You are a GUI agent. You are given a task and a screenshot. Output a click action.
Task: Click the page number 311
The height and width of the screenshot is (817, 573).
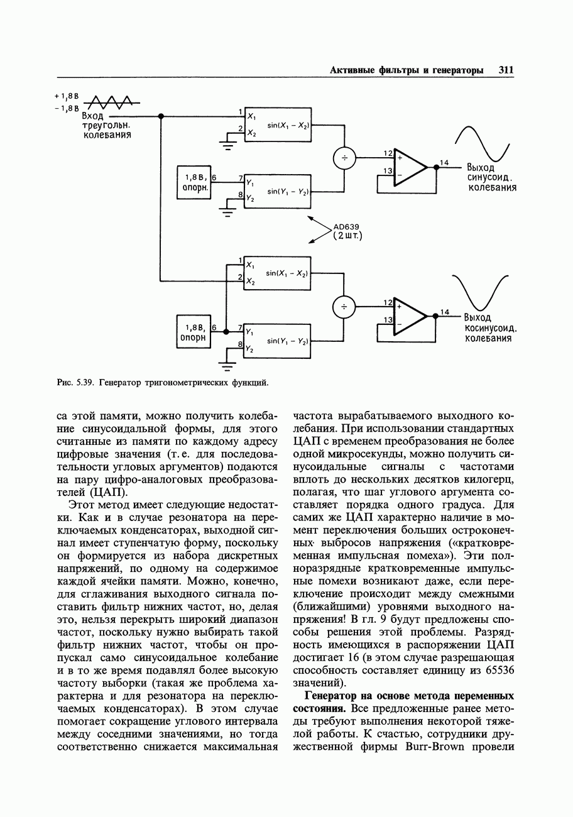click(506, 70)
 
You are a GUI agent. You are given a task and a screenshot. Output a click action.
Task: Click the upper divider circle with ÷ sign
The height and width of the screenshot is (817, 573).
click(344, 158)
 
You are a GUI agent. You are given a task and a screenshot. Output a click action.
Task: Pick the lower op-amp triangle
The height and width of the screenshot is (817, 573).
click(408, 315)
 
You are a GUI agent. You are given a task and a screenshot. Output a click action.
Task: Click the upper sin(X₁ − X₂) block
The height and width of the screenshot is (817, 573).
click(278, 126)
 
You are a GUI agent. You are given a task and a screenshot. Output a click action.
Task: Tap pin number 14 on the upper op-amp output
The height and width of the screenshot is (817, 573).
click(444, 163)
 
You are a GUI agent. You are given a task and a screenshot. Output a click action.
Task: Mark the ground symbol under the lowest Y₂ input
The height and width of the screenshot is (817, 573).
click(228, 365)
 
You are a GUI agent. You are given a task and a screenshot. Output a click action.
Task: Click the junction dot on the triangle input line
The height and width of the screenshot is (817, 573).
click(161, 116)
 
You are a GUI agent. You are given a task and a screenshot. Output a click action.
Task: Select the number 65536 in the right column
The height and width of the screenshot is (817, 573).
click(498, 671)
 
